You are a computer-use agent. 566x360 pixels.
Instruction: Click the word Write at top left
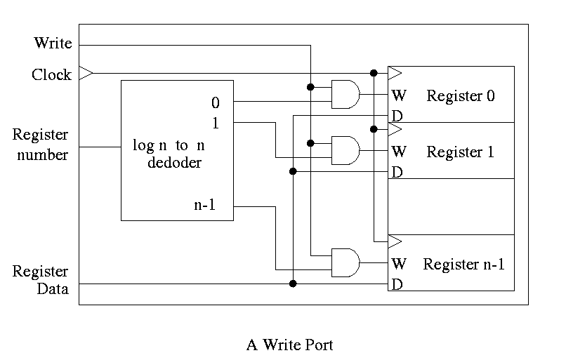tap(53, 44)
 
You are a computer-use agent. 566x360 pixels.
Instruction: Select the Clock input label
tap(51, 74)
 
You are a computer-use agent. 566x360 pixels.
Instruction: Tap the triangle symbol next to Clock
tap(86, 73)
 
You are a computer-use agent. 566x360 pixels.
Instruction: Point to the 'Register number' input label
tap(40, 145)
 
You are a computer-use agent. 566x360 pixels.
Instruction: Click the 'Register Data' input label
tap(40, 280)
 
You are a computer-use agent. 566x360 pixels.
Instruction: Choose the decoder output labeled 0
tap(216, 103)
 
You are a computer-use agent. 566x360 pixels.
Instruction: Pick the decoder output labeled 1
tap(216, 124)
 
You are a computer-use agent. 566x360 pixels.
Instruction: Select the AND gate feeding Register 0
tap(345, 94)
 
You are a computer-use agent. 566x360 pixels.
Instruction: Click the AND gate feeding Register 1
tap(345, 149)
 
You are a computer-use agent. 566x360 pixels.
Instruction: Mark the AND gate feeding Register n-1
tap(345, 262)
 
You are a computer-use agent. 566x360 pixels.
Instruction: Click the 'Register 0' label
tap(460, 96)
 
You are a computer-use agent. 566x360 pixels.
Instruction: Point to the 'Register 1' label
tap(460, 152)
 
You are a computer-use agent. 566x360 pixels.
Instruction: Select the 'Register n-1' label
tap(463, 265)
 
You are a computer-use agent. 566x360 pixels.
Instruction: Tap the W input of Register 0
tap(398, 95)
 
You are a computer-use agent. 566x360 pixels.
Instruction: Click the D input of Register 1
tap(397, 172)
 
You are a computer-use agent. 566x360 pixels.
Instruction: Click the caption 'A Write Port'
tap(289, 345)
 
